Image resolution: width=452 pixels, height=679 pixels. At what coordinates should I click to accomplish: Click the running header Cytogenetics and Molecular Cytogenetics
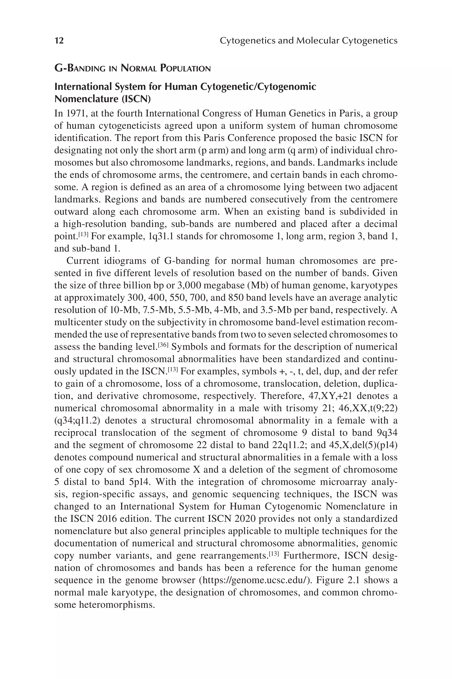click(309, 41)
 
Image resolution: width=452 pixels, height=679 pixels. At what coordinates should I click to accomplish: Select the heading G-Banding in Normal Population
click(133, 69)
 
